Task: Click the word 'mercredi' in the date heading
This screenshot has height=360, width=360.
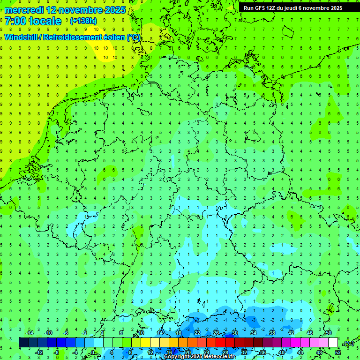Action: click(x=23, y=10)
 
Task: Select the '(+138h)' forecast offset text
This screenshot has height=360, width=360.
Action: click(x=83, y=21)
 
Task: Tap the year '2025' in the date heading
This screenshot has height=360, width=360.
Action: click(x=114, y=10)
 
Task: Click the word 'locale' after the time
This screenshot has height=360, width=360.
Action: click(x=46, y=22)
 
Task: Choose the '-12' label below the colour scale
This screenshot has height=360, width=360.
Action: click(x=39, y=352)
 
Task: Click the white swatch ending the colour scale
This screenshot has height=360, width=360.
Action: click(x=333, y=343)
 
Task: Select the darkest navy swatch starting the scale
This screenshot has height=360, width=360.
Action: click(x=23, y=343)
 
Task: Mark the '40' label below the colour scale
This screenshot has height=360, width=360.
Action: click(x=283, y=352)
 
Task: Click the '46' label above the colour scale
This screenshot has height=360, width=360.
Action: click(x=309, y=333)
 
